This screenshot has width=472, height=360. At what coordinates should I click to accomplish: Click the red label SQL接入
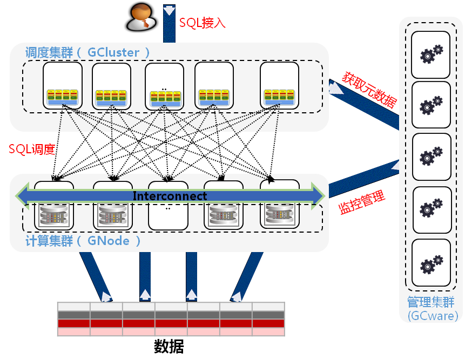coord(202,23)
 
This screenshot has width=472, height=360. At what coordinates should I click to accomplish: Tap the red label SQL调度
coord(32,150)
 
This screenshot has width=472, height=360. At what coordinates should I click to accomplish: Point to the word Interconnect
coord(170,196)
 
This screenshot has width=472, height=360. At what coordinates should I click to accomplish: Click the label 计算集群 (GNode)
coord(83,241)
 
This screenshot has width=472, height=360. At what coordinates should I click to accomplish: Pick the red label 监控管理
coord(362,202)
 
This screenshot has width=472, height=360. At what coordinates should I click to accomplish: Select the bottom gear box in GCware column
coord(431,263)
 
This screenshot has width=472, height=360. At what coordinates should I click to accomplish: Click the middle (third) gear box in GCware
coord(431,157)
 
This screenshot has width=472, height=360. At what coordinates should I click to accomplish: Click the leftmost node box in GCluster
coord(63,86)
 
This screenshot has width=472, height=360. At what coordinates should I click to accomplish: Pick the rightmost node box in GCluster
coord(279,86)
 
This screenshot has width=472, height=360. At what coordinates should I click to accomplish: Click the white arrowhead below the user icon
coord(169,10)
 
